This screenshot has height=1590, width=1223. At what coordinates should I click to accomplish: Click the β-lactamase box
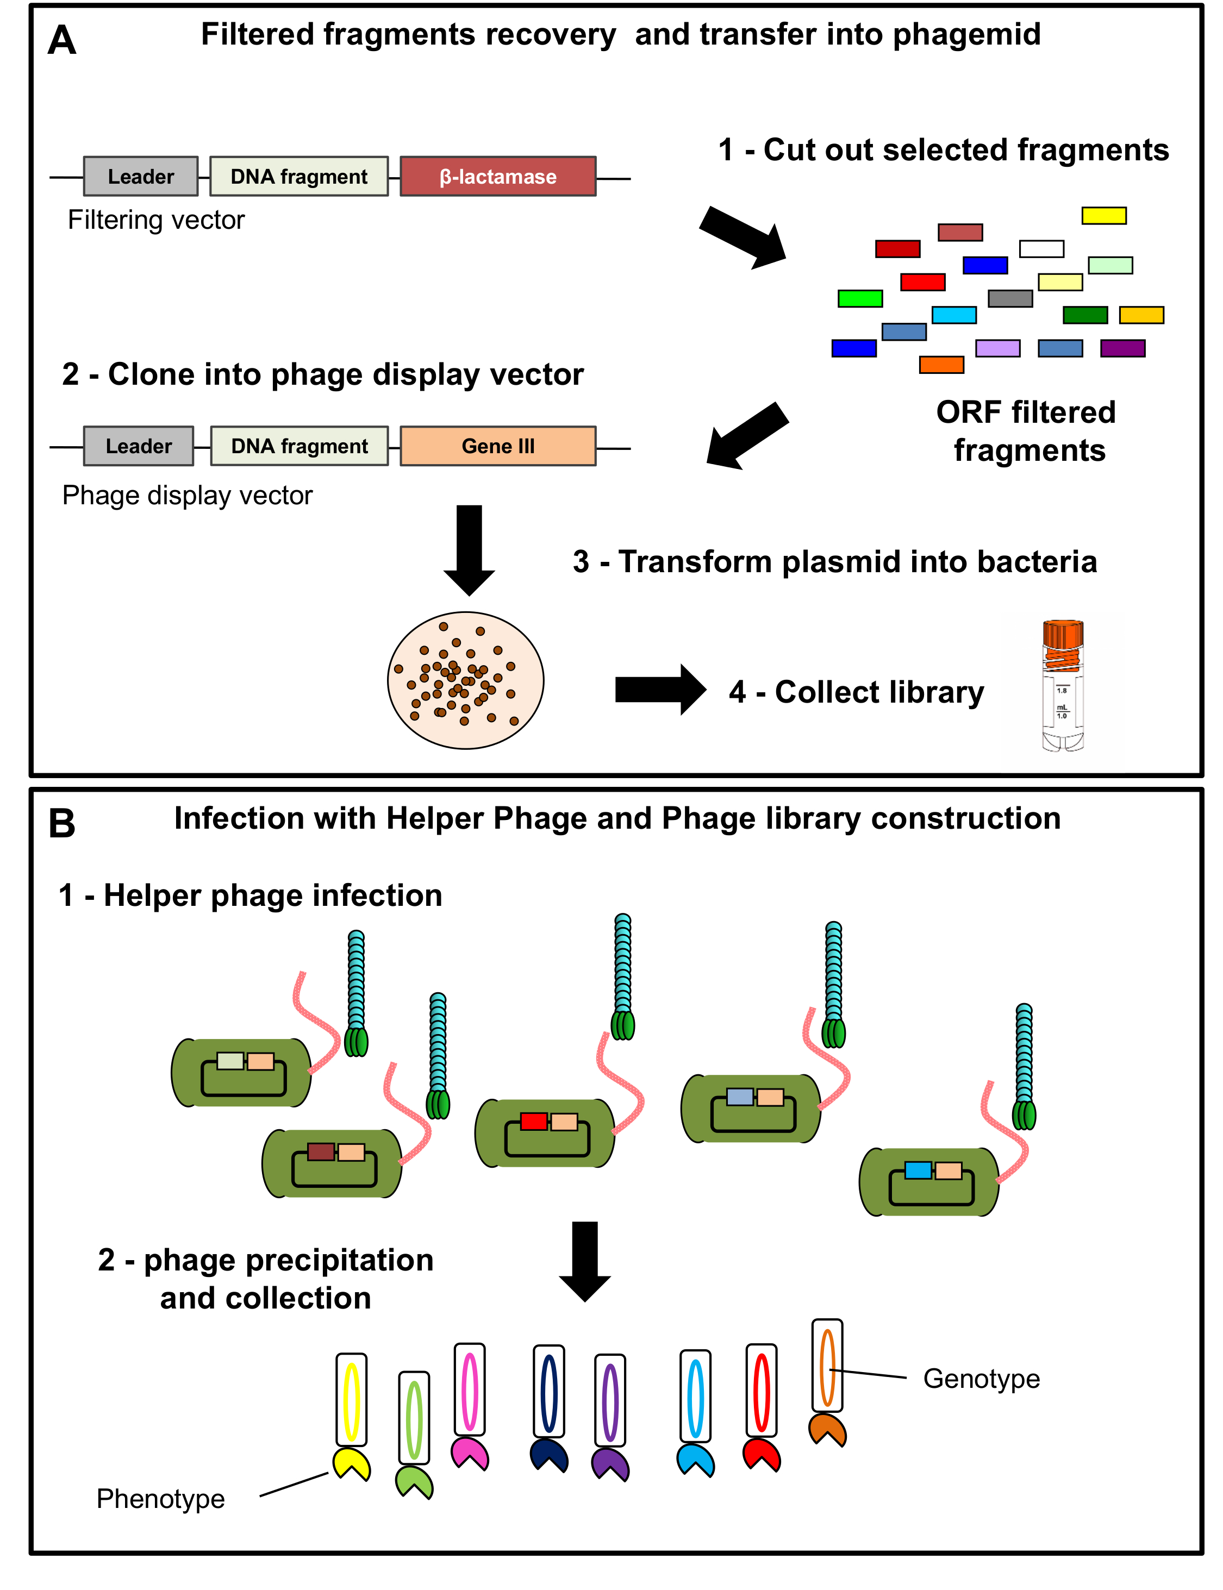[498, 177]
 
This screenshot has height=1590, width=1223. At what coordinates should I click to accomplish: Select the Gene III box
[498, 446]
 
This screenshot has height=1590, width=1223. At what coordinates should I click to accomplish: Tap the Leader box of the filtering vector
[140, 177]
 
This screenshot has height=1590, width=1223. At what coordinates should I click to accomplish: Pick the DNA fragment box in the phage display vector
[299, 446]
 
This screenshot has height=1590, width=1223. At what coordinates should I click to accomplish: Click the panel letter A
[62, 40]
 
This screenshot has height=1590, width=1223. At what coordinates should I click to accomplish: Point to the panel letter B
[62, 824]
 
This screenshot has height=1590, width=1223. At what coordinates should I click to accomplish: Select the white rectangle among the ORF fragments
[1041, 249]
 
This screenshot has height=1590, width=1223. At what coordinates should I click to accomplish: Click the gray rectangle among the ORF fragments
[1010, 298]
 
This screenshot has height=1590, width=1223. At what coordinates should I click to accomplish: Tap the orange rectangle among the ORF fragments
[941, 365]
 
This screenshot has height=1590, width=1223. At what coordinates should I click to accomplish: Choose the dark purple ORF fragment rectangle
[1122, 348]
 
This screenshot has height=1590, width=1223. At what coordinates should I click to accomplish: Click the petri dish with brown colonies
[466, 680]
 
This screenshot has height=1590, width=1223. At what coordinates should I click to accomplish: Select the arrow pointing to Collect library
[659, 689]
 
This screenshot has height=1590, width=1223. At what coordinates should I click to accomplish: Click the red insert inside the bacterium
[534, 1122]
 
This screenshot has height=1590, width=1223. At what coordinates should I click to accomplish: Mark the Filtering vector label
[156, 220]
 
